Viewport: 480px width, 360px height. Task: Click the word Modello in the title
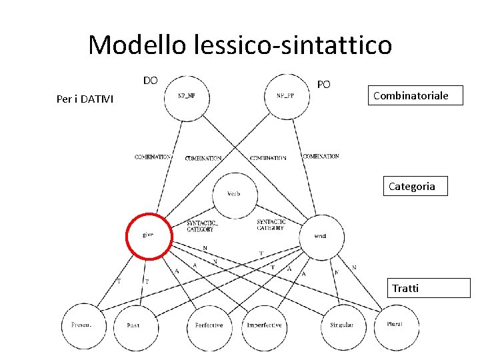tap(138, 45)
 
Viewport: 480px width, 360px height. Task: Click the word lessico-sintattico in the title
tap(293, 45)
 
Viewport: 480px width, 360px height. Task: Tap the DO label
tap(151, 81)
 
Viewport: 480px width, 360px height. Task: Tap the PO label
tap(323, 85)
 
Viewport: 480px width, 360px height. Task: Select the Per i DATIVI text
tap(85, 99)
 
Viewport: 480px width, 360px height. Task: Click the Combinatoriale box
tap(410, 96)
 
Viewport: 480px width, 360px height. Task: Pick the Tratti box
tap(406, 288)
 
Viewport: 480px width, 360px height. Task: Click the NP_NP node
tap(186, 97)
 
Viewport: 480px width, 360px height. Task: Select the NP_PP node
tap(285, 97)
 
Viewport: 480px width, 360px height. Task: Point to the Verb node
tap(235, 194)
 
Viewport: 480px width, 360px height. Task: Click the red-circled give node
tap(149, 235)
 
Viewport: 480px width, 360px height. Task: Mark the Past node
tap(133, 325)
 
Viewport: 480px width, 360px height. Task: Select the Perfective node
tap(209, 325)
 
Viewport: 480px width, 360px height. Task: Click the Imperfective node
tap(264, 325)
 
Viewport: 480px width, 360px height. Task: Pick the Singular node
tap(342, 325)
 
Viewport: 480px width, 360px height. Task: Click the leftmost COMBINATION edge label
tap(153, 157)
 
